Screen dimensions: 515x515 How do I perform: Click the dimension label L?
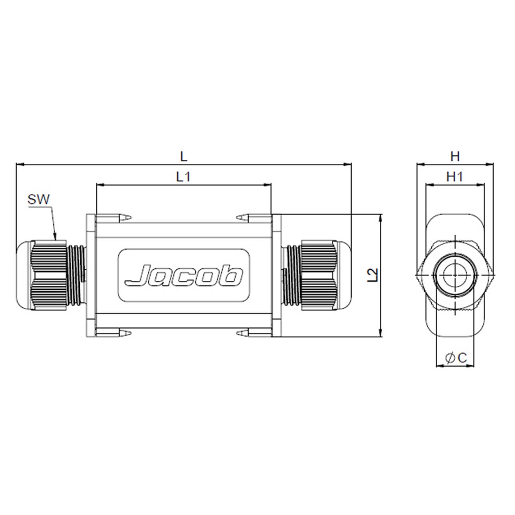point(183,157)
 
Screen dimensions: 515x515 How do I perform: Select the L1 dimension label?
point(183,177)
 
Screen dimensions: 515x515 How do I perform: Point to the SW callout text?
point(39,199)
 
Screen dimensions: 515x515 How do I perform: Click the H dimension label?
point(455,157)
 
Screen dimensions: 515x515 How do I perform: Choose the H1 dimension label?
point(455,177)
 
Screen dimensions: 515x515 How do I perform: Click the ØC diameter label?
point(456,358)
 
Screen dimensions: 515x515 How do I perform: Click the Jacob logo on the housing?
point(184,275)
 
